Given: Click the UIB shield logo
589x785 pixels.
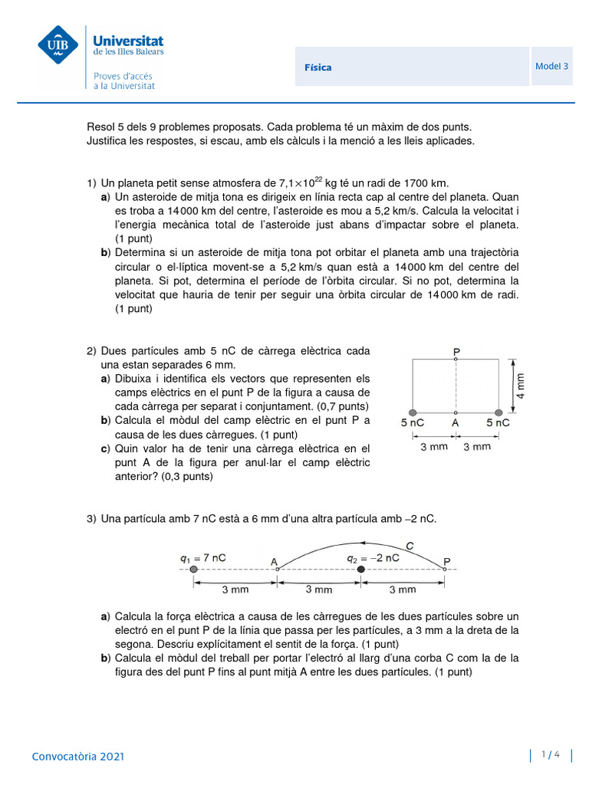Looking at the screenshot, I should (x=58, y=45).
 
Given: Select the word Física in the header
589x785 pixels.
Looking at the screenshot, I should (x=318, y=67).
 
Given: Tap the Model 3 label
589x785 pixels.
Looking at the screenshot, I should (x=551, y=66).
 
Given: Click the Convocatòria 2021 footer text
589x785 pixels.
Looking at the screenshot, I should (x=77, y=757).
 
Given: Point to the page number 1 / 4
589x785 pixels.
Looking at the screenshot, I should (x=551, y=755).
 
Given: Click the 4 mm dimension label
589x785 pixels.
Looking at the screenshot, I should (x=522, y=386).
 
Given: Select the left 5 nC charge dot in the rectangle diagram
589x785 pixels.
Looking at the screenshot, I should (x=413, y=412).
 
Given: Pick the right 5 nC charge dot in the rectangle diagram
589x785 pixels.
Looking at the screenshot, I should (x=499, y=412).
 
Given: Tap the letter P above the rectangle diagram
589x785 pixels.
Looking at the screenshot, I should (x=456, y=352).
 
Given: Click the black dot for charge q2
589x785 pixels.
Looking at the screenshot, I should (x=360, y=570).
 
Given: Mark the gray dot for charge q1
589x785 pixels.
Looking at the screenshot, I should (x=193, y=570).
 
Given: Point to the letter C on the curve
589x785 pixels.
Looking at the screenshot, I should (x=410, y=545).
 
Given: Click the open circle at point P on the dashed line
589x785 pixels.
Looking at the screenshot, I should (x=444, y=569).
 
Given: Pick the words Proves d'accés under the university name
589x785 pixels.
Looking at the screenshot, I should (x=123, y=76).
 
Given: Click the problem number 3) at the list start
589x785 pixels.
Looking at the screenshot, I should (x=92, y=519).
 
